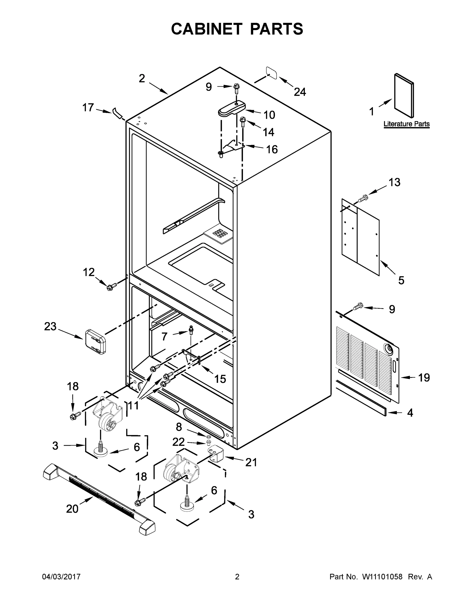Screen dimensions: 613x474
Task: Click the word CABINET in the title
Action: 206,29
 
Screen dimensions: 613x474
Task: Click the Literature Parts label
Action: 406,124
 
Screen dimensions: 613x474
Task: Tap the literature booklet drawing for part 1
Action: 404,96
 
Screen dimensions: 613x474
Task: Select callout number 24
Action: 300,92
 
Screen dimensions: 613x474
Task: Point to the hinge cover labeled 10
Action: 232,109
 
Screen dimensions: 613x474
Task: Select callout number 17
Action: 88,107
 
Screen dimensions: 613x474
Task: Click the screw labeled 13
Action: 363,199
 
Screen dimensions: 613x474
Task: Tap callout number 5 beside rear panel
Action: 401,280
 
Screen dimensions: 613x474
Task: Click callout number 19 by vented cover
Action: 424,378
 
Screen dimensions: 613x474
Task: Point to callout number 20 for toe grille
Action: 72,508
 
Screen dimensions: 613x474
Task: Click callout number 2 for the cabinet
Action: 142,78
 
